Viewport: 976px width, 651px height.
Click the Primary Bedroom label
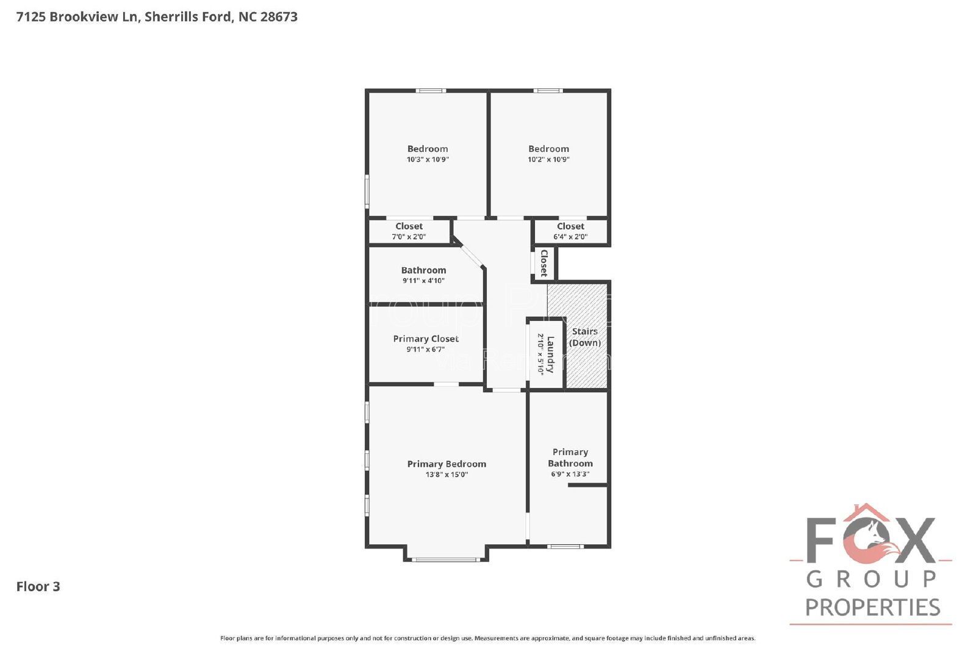(447, 464)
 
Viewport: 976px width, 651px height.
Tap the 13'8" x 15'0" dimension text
(447, 475)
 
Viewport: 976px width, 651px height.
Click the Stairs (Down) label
(585, 337)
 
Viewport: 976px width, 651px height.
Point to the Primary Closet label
(426, 339)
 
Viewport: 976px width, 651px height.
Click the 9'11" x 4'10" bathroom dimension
(423, 281)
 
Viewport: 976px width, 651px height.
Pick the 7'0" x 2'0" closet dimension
(409, 237)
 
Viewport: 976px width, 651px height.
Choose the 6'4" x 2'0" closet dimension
(570, 237)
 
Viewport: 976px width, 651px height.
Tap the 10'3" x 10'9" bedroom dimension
(428, 159)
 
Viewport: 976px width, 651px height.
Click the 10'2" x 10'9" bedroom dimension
(548, 159)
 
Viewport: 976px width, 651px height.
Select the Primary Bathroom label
(570, 458)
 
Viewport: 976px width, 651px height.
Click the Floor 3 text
(38, 586)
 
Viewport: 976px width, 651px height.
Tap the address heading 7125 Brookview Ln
(157, 16)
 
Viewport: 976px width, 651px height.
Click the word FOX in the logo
(870, 540)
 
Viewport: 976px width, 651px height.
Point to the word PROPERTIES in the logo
(872, 607)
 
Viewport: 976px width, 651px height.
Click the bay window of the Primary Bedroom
(446, 559)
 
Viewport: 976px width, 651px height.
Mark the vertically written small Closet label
(544, 263)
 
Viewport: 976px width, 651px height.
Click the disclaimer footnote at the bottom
(487, 638)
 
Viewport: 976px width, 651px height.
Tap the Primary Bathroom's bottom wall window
(565, 546)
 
